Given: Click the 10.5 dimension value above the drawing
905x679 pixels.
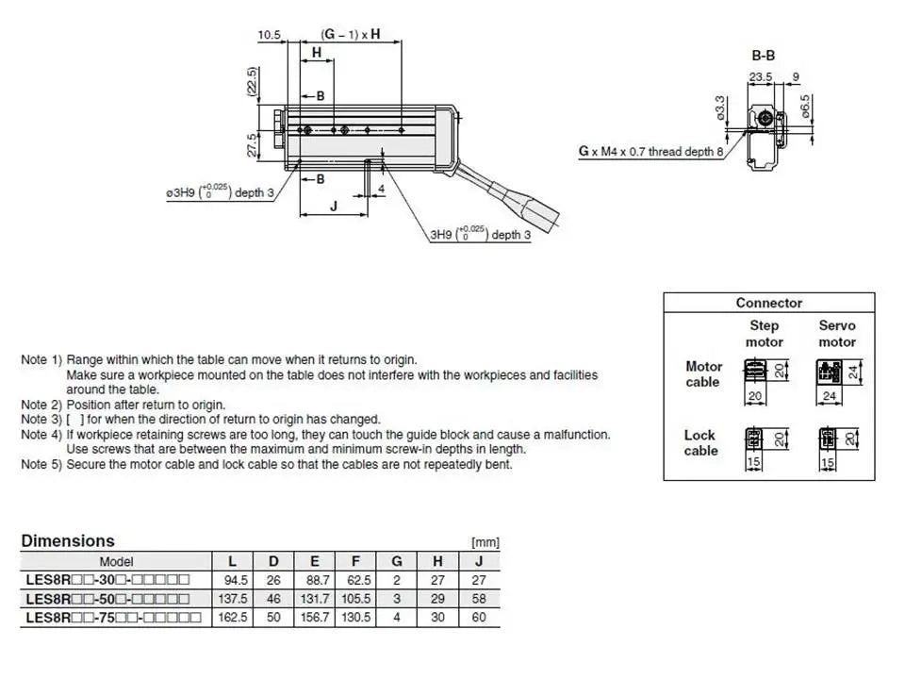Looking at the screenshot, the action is pos(269,35).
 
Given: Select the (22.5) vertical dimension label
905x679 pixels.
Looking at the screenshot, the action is pos(252,81).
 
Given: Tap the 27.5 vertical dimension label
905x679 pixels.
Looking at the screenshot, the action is pos(253,145).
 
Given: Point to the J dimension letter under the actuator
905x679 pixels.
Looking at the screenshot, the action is pos(334,207).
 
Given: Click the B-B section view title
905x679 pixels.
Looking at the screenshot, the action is pos(763,56).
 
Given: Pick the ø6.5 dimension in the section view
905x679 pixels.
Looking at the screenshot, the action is pos(806,107).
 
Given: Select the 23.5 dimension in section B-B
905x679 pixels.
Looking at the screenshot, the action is pos(761,76).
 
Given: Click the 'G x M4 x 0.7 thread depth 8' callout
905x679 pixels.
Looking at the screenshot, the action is pos(651,151).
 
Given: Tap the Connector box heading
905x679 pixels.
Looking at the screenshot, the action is pos(769,303).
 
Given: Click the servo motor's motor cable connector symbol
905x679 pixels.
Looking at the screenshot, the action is pos(829,372).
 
